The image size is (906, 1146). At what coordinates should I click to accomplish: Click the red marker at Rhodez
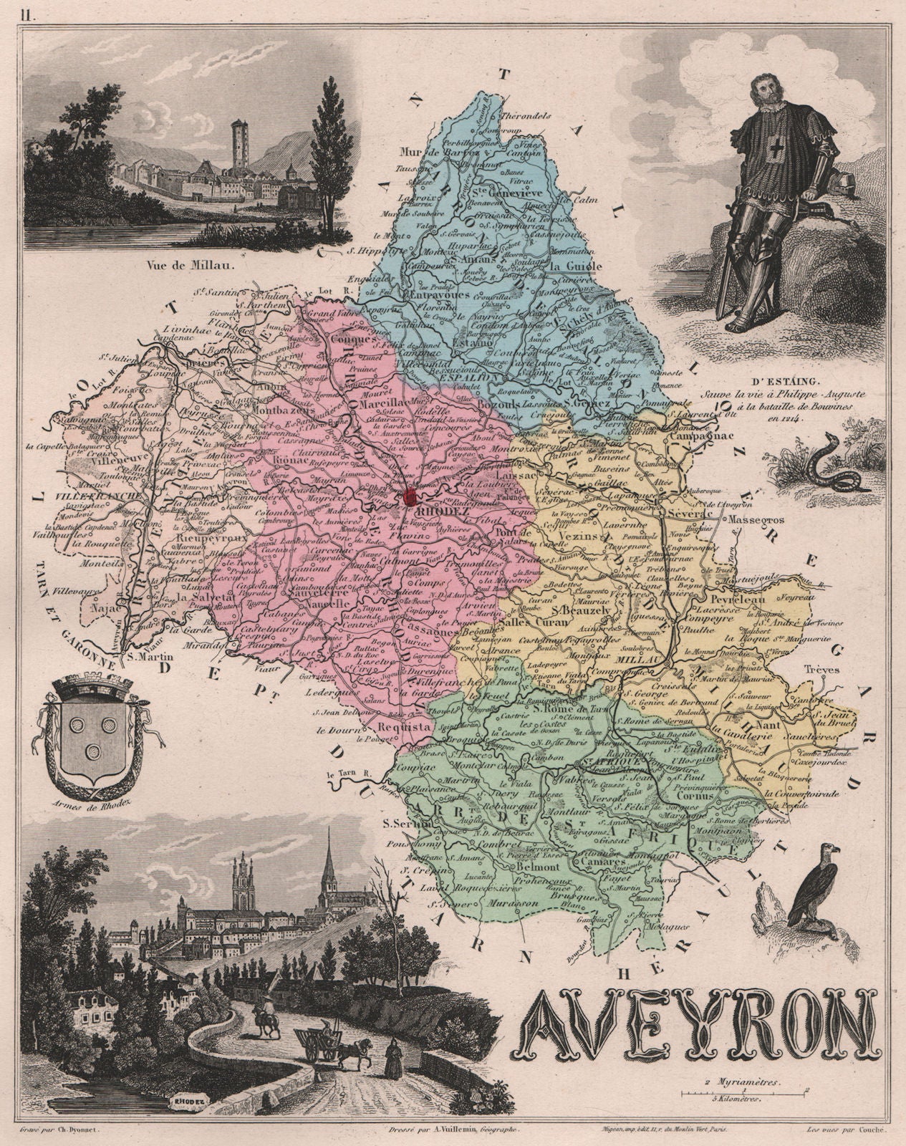[x=410, y=496]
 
